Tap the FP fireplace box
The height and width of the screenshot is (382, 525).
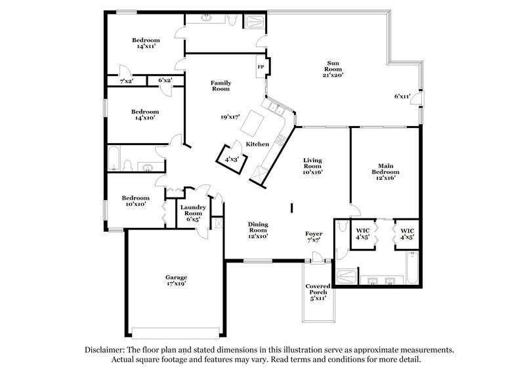(261, 67)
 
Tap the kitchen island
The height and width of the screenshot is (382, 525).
(253, 123)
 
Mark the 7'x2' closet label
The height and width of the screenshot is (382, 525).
(127, 81)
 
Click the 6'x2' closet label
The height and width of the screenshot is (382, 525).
(165, 81)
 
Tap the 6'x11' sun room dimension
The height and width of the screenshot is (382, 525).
(402, 96)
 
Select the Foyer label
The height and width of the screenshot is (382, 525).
(313, 236)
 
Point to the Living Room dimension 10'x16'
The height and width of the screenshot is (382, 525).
(312, 172)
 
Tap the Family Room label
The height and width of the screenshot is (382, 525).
(220, 85)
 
